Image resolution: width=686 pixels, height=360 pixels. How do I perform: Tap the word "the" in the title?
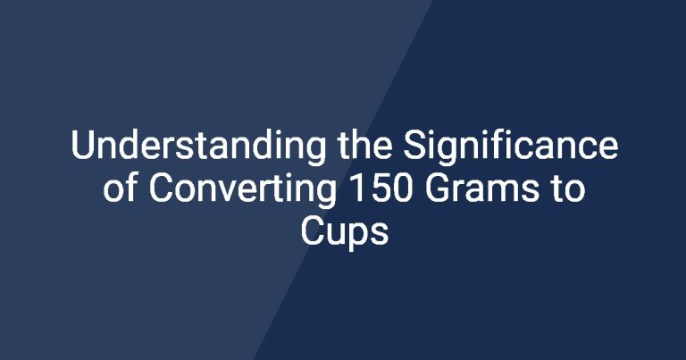(364, 146)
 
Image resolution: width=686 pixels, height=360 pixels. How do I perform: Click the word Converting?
(242, 191)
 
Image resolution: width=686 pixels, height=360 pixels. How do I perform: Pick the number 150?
(380, 188)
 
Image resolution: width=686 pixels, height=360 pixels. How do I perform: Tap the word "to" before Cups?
(568, 189)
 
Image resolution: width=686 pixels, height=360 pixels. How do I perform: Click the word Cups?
(344, 234)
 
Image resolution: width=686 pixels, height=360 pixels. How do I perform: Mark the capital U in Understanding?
(82, 146)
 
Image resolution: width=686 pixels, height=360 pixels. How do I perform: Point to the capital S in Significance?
(414, 146)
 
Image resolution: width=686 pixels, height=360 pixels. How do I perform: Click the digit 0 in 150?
(401, 188)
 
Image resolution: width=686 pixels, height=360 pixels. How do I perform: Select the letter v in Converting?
(229, 192)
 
